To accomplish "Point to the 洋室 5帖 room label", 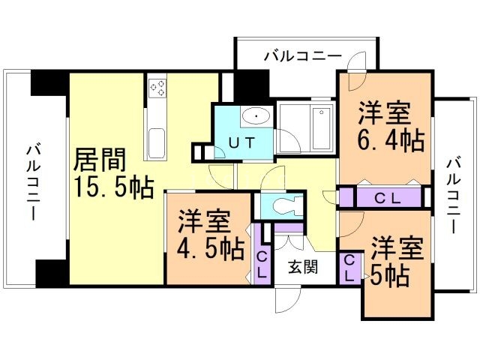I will click(x=391, y=262).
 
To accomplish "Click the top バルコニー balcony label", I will click(x=303, y=56).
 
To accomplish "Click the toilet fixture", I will click(x=286, y=204).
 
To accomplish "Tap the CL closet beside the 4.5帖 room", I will click(x=262, y=265).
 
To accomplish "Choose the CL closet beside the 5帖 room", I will click(x=350, y=268).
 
